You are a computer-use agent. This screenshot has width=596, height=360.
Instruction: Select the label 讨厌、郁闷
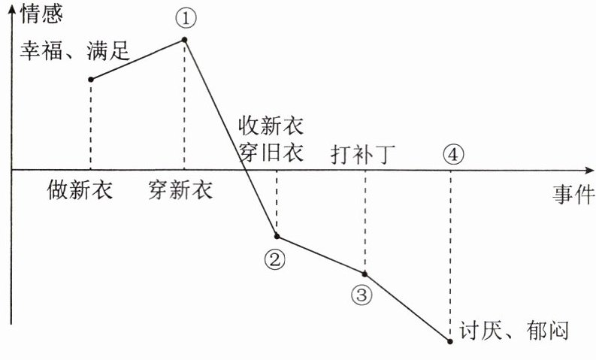[510, 330]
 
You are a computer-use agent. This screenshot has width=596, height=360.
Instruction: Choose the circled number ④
[452, 154]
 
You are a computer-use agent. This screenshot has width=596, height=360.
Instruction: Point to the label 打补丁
[363, 155]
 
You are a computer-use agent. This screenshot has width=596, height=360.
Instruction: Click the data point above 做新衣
[91, 79]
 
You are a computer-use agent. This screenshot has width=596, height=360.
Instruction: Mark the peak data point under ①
[184, 39]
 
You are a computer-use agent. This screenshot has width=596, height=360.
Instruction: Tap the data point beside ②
[277, 236]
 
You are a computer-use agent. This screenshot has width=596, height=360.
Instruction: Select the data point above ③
[365, 274]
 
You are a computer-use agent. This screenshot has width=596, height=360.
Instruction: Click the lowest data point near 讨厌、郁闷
[449, 341]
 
